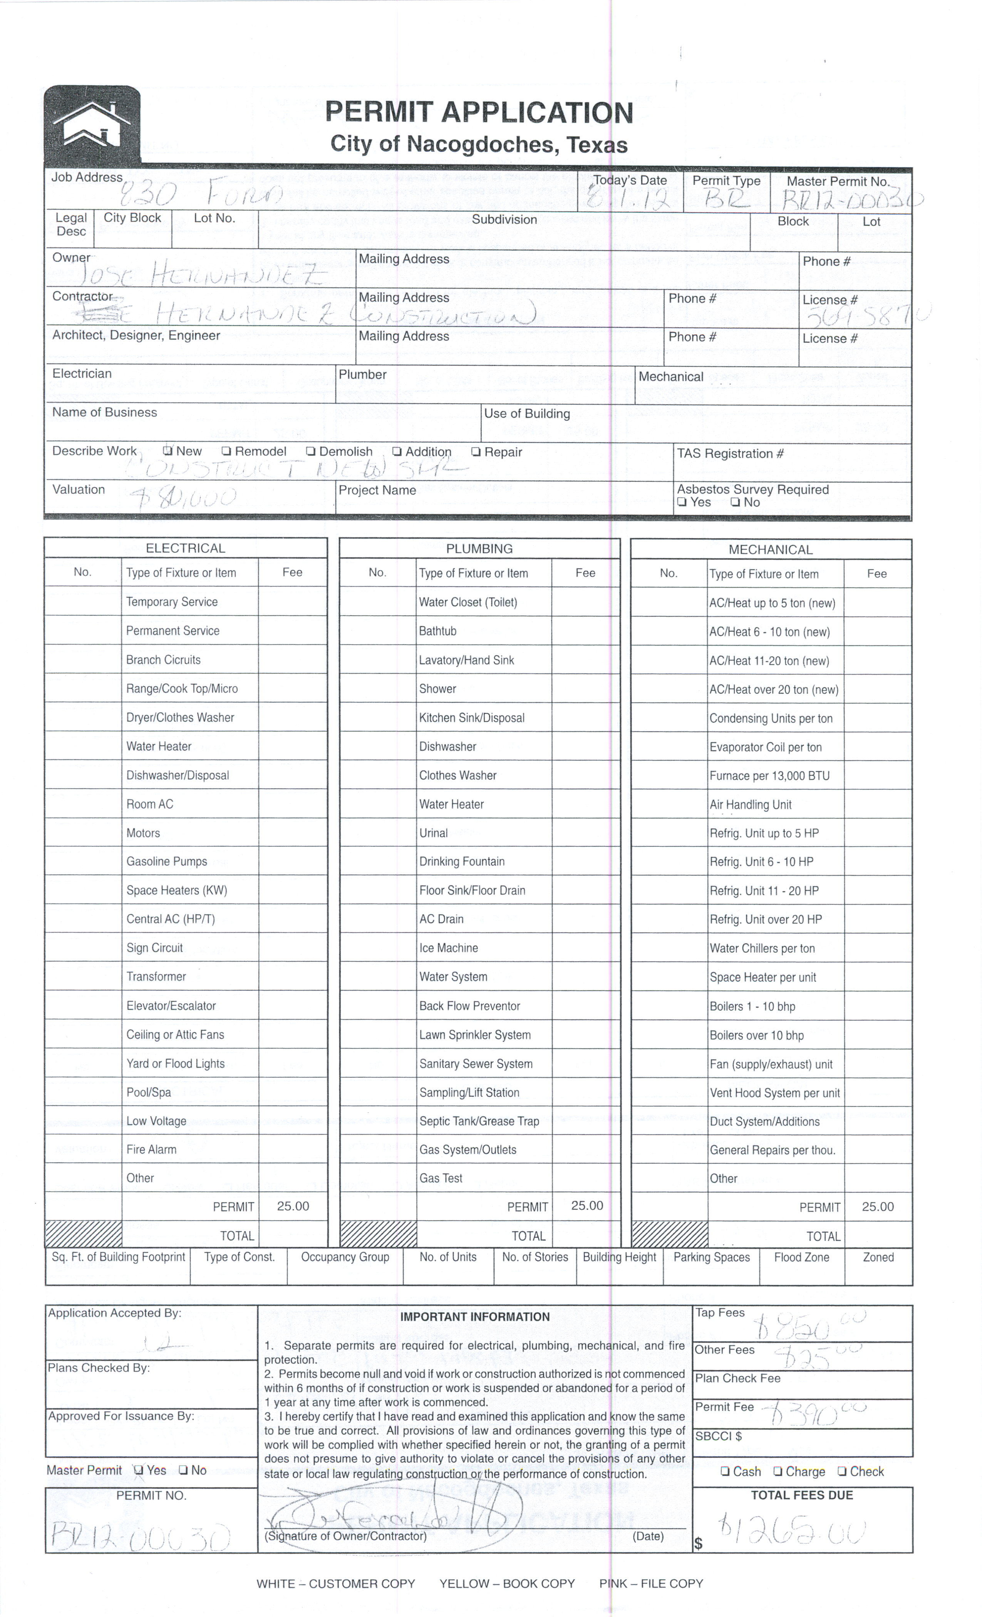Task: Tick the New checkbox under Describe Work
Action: pos(168,451)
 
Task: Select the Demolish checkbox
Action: pos(311,452)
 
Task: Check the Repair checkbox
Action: pos(477,452)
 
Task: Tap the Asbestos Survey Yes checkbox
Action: pos(683,502)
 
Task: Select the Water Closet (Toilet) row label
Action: pos(468,602)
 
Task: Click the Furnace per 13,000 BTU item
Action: pos(769,776)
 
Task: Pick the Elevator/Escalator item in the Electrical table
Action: pos(171,1005)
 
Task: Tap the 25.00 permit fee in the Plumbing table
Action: pos(587,1205)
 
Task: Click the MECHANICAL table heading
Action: pos(771,549)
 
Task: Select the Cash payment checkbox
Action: pos(726,1471)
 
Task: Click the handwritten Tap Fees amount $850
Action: pos(808,1326)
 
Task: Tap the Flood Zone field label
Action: pos(801,1257)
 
